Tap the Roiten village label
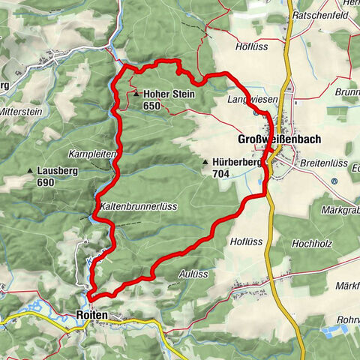point(92,316)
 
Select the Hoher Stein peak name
point(169,94)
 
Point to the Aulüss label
point(193,275)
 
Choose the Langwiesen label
point(253,99)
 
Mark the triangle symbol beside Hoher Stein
point(136,94)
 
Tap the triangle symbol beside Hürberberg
point(204,162)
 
